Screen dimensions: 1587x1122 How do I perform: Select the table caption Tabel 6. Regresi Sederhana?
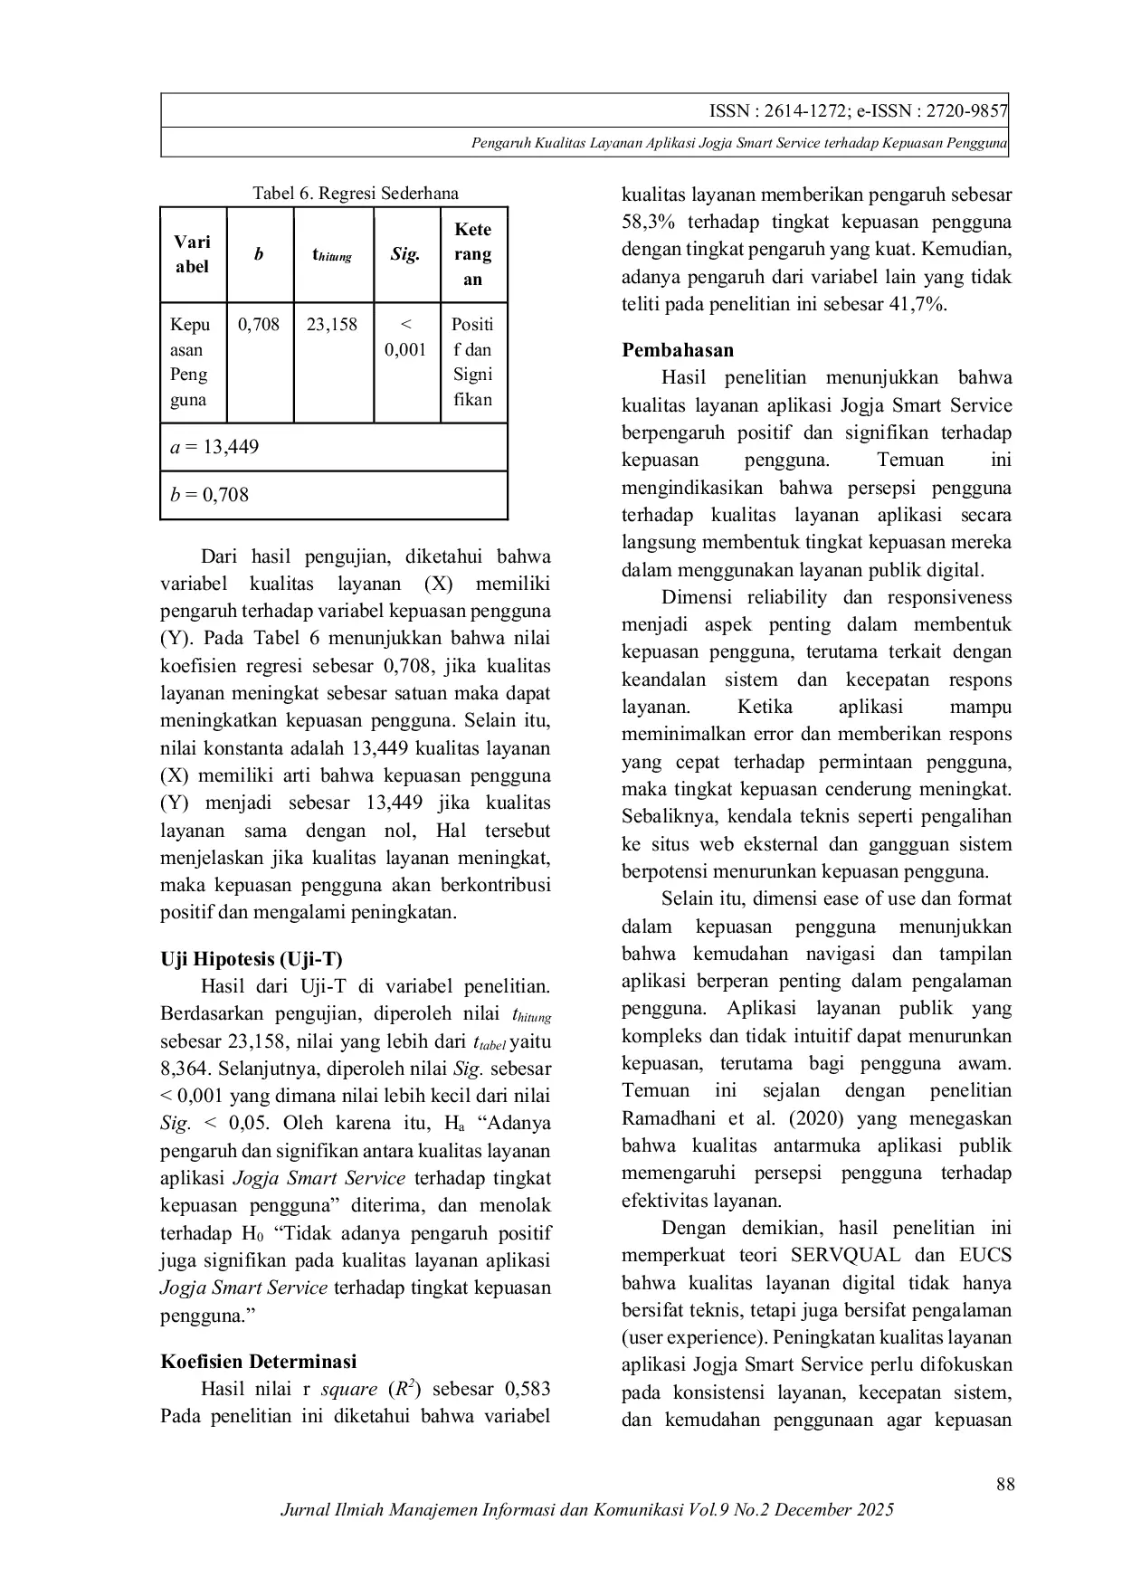(355, 193)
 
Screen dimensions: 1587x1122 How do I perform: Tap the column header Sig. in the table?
(405, 254)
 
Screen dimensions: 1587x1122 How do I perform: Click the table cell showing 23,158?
(331, 324)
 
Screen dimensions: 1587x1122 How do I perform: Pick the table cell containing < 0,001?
(405, 337)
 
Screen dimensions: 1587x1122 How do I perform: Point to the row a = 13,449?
(214, 447)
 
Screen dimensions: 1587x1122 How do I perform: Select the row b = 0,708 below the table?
(209, 495)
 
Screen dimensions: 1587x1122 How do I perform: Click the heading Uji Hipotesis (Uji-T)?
(252, 959)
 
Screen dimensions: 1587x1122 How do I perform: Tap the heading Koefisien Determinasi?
(258, 1361)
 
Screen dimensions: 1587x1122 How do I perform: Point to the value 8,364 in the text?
(185, 1069)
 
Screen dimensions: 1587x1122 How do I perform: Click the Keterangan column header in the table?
(472, 254)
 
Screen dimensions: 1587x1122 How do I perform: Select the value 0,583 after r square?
(526, 1389)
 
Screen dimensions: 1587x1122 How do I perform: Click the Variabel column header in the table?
(192, 254)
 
